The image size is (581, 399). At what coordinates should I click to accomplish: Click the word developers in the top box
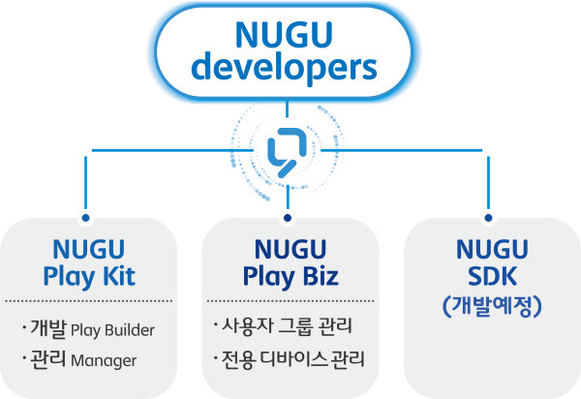pos(284,69)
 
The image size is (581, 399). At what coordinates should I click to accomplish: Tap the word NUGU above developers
pos(284,35)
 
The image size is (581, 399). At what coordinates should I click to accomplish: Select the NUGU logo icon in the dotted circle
pos(288,151)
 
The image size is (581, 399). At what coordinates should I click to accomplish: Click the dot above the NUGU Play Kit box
pos(86,218)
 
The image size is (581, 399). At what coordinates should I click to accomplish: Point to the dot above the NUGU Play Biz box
pos(288,218)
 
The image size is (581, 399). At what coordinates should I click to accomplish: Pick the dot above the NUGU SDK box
pos(488,218)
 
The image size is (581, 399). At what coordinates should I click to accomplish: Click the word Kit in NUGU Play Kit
pos(119,276)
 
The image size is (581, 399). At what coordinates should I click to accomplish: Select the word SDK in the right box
pos(492,276)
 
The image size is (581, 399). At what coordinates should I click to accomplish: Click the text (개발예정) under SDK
pos(492,306)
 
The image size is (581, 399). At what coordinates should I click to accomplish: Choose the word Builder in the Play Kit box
pos(130,330)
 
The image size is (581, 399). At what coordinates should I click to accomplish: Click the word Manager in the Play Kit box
pos(104,360)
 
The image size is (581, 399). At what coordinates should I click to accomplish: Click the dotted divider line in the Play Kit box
pos(88,301)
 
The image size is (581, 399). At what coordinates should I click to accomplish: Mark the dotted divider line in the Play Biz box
pos(290,301)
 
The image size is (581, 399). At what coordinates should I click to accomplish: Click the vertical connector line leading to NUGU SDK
pos(488,183)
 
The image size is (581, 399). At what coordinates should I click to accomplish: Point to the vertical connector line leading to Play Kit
pos(86,183)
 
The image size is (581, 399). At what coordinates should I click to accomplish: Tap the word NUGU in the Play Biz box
pos(290,249)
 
